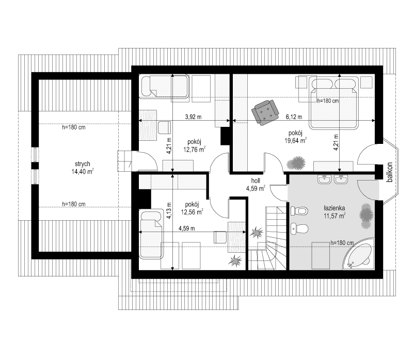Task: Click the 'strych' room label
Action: coord(82,163)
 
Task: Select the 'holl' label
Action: coord(255,181)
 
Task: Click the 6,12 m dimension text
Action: coord(294,117)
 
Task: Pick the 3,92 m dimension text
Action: coord(193,117)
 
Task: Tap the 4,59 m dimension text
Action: coord(187,228)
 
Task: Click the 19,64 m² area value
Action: coord(295,139)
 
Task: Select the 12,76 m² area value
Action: coord(194,150)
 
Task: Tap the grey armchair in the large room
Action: coord(265,111)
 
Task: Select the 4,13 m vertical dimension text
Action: coord(169,214)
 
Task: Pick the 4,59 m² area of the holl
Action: coord(256,188)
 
